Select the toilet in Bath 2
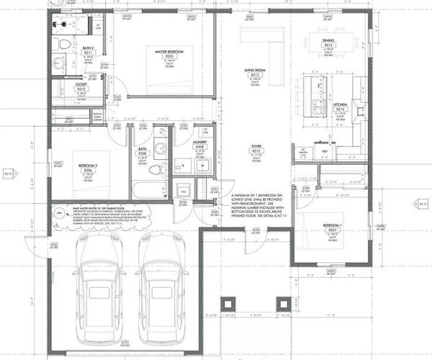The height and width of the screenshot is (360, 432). coord(63,44)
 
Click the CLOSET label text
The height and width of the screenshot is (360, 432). coord(81,84)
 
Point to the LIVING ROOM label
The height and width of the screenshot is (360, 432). coord(253,70)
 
